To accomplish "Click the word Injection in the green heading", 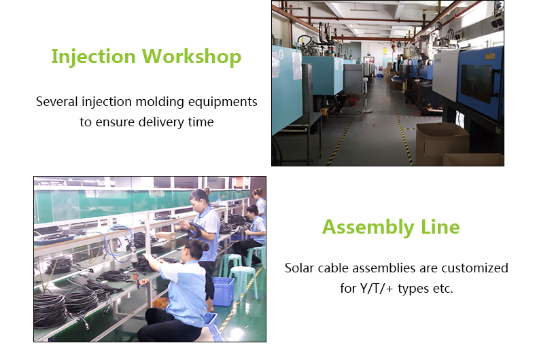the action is tap(94, 57).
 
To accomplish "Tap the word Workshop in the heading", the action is tap(192, 56).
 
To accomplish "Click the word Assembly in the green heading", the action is tap(368, 228).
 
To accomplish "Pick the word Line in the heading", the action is tap(440, 227).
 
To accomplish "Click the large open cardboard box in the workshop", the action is tap(441, 143).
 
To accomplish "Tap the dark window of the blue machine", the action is tap(477, 84).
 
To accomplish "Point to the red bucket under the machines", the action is tap(352, 102).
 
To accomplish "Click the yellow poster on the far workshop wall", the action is tap(385, 52).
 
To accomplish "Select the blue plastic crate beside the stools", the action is tap(223, 291).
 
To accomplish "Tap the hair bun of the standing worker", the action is tap(207, 191).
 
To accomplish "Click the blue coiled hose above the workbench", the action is tap(118, 244).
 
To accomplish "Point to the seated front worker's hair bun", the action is tap(205, 246).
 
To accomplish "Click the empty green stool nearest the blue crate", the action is tap(244, 283).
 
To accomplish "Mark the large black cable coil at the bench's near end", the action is tap(50, 310).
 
